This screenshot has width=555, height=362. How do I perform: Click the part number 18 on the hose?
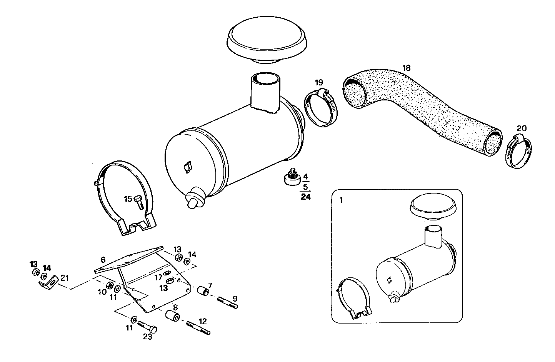tap(407, 68)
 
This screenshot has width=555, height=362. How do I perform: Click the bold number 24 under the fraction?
tap(306, 197)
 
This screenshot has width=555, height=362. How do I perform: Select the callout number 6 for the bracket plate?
tap(103, 260)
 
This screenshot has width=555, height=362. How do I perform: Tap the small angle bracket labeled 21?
tap(49, 283)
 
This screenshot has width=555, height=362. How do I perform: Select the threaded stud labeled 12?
tap(198, 328)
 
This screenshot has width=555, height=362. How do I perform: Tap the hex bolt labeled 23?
tap(148, 327)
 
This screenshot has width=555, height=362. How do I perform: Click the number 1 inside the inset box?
tap(342, 200)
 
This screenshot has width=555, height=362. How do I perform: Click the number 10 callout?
tap(102, 292)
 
